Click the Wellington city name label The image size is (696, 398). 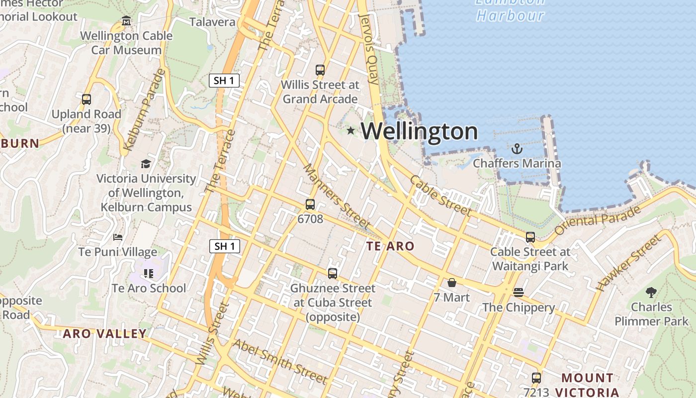point(419,131)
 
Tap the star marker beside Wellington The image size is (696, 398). point(351,131)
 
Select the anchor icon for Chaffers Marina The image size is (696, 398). point(517,149)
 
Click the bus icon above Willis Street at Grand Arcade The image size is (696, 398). point(320,70)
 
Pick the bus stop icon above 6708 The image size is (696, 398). point(310,204)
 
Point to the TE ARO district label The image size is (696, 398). point(390,246)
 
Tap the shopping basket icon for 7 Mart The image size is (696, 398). point(452,283)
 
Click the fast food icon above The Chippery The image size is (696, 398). point(519,292)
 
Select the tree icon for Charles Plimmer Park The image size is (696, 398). point(651,292)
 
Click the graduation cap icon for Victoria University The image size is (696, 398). point(146,164)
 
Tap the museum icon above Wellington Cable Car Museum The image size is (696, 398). point(126,21)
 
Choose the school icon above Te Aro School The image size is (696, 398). point(148,273)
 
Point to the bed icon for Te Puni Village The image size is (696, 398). point(118,237)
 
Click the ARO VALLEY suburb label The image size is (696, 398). point(104,333)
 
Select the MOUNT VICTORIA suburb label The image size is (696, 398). point(587,385)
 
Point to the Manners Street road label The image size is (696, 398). point(336,197)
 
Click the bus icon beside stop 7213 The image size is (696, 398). point(536,378)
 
